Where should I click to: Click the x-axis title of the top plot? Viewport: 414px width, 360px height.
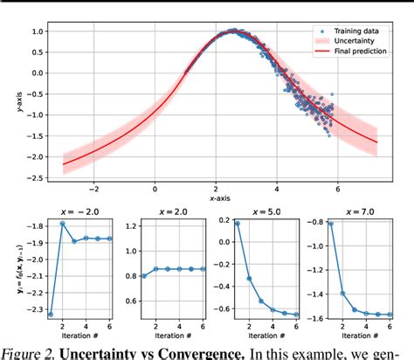pyautogui.click(x=219, y=199)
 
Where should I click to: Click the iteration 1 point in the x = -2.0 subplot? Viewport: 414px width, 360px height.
pyautogui.click(x=51, y=314)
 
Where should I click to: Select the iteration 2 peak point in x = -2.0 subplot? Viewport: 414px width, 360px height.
pyautogui.click(x=63, y=224)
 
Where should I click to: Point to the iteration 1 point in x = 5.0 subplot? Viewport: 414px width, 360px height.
pyautogui.click(x=237, y=224)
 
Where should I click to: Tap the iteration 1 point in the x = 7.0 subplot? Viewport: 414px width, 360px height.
pyautogui.click(x=329, y=224)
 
